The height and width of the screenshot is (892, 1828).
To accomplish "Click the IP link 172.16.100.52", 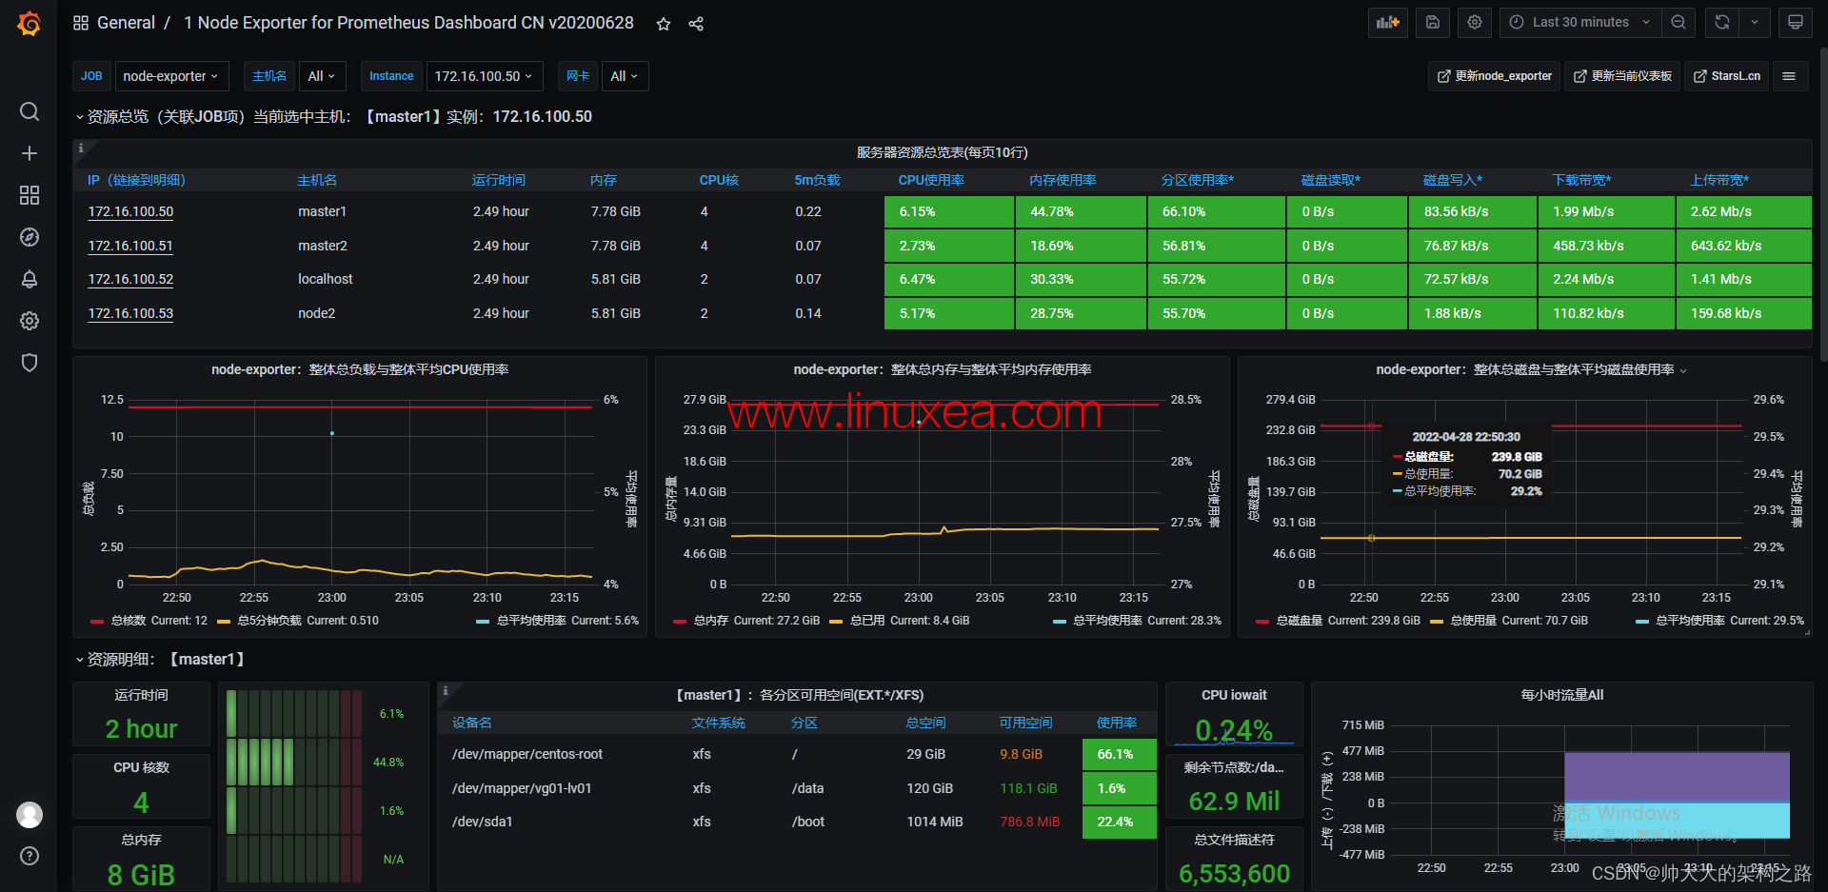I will coord(130,279).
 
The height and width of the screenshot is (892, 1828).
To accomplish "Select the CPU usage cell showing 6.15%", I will coord(948,211).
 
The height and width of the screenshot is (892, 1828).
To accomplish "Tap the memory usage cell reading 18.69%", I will coord(1081,246).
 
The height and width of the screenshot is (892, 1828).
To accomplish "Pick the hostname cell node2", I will coord(316,313).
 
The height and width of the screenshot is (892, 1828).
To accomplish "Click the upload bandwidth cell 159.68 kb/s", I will coord(1742,313).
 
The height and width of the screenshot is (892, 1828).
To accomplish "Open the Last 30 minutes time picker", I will coord(1580,22).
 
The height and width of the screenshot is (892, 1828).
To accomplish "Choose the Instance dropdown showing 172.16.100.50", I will coord(484,76).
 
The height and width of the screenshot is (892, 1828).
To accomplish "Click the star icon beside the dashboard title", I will coord(664,24).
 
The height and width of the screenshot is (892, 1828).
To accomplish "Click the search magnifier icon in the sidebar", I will coord(30,111).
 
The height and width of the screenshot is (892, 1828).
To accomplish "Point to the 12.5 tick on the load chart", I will coord(112,400).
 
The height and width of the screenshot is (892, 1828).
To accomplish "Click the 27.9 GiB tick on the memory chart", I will coord(705,400).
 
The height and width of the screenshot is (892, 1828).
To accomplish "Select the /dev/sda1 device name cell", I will coord(482,822).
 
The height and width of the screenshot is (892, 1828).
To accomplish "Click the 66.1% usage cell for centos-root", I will coord(1119,754).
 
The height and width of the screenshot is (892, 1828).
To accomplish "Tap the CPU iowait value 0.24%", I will coord(1234,730).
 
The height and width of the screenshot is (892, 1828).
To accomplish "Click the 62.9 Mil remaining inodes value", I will coord(1234,802).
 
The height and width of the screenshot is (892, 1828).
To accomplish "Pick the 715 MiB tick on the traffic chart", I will coord(1363,725).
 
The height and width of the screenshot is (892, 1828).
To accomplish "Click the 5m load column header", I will coord(817,180).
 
